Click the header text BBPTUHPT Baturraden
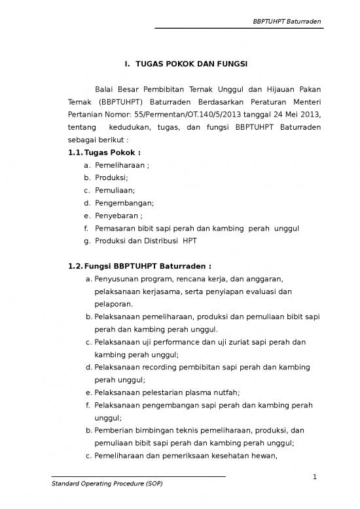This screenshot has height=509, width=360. point(288,22)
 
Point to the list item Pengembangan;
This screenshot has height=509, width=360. point(124,203)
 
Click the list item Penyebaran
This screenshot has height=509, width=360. point(118,216)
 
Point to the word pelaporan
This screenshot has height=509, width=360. point(114,304)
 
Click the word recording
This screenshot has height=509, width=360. point(166,367)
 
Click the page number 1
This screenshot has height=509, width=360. point(314,476)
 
